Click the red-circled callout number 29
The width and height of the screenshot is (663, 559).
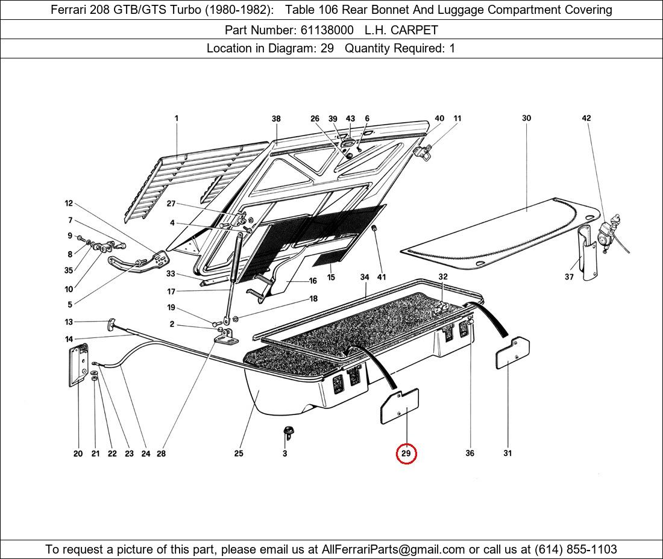point(406,454)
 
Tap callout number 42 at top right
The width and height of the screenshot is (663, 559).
point(586,119)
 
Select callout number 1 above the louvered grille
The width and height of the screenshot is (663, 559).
point(177,119)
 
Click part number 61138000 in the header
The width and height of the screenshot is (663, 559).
point(327,30)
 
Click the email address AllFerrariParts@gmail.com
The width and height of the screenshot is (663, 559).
point(394,549)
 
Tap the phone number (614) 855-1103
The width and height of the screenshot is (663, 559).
point(576,549)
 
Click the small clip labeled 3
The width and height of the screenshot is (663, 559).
point(288,431)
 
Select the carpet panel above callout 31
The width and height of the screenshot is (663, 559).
point(513,354)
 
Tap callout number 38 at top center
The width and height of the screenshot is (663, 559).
point(276,119)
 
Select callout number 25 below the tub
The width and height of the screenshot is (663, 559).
point(239,454)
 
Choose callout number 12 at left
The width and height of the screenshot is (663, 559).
point(69,204)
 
